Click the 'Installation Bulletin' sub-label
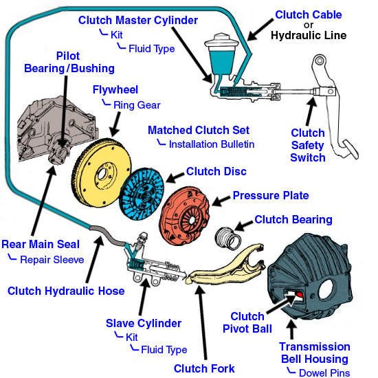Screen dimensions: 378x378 point(212,144)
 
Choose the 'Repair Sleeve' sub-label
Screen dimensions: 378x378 point(52,259)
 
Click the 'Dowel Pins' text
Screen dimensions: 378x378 point(324,373)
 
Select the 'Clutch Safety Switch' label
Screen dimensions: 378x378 point(307,145)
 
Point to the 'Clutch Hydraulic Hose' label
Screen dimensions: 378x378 point(66,291)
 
